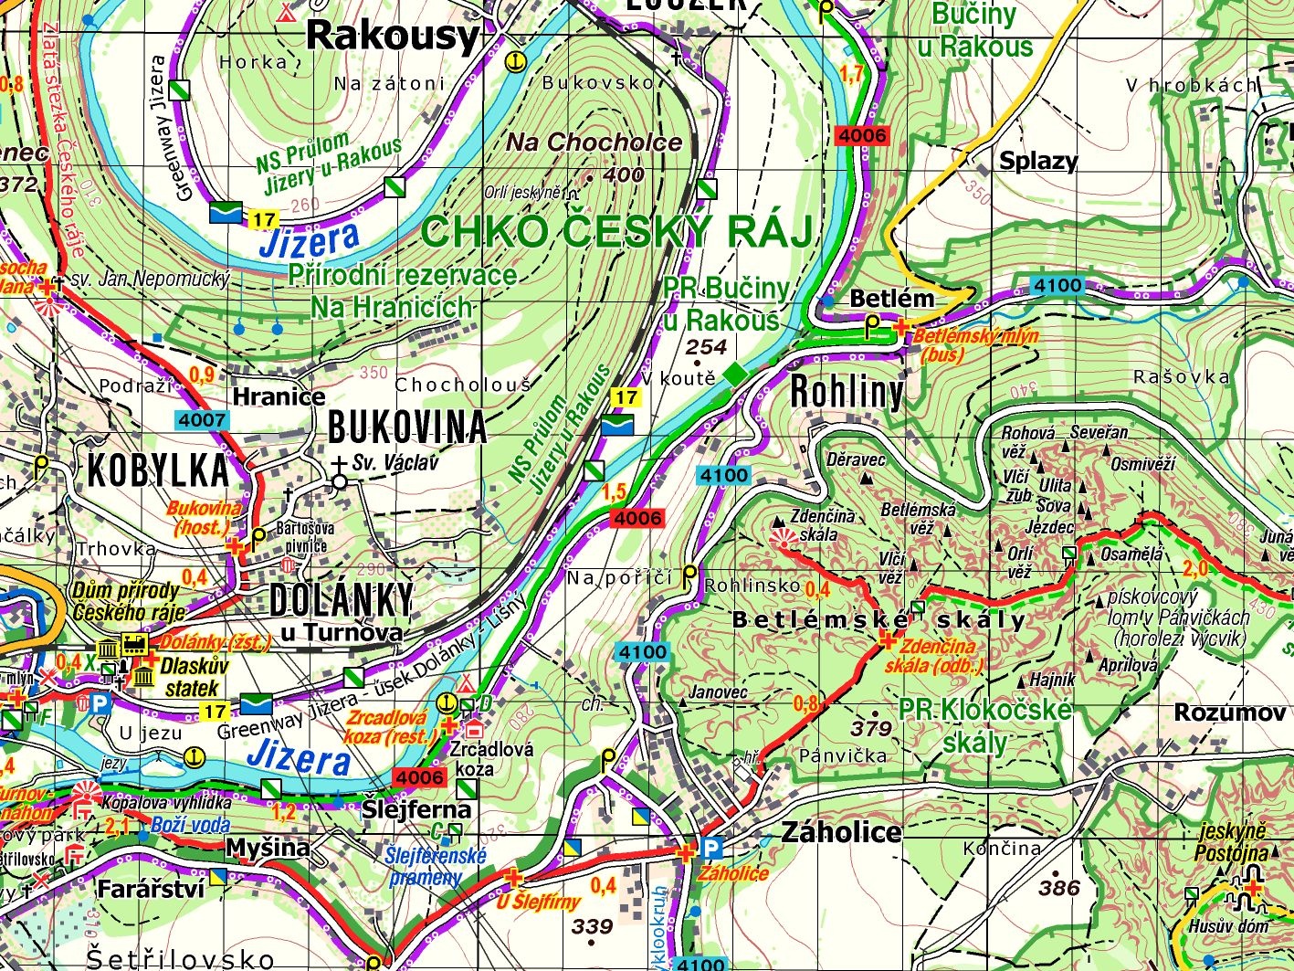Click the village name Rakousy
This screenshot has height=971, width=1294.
[x=392, y=37]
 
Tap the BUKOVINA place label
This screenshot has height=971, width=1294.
[x=406, y=427]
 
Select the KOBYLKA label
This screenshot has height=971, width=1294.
[x=158, y=470]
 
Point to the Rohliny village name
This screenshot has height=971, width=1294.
[x=847, y=392]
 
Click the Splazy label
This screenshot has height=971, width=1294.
[x=1038, y=162]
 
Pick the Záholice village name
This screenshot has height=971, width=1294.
[x=841, y=831]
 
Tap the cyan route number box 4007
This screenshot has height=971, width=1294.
[x=202, y=421]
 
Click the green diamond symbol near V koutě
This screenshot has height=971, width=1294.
[x=734, y=375]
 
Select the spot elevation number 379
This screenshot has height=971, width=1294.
[x=870, y=728]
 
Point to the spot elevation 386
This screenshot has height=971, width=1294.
[x=1059, y=887]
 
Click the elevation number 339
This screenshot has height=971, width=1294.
[x=592, y=927]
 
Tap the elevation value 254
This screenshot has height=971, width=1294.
[x=706, y=347]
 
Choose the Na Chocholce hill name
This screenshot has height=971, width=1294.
[x=594, y=142]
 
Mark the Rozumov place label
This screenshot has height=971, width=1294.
[x=1229, y=712]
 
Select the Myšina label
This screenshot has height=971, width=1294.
[x=268, y=848]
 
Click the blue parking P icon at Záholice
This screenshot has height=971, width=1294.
[x=711, y=849]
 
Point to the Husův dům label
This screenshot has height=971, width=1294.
[x=1228, y=926]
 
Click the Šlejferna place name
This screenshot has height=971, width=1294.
[x=416, y=809]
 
